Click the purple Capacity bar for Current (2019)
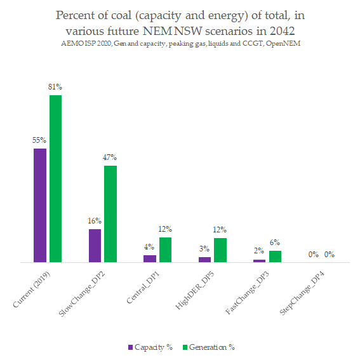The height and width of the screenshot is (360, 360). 40,205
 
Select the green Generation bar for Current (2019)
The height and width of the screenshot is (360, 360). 56,178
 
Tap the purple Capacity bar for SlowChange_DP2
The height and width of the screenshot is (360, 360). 95,245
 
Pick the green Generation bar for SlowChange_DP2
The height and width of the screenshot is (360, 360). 110,213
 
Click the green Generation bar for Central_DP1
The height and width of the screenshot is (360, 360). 165,250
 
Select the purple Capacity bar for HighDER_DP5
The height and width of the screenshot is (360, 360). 204,259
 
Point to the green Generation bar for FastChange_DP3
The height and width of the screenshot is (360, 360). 275,256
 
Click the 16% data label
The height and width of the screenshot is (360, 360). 95,220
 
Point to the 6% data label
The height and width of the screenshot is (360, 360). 275,242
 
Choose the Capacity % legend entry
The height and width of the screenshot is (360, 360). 150,347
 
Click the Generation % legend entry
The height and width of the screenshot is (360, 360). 208,347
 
